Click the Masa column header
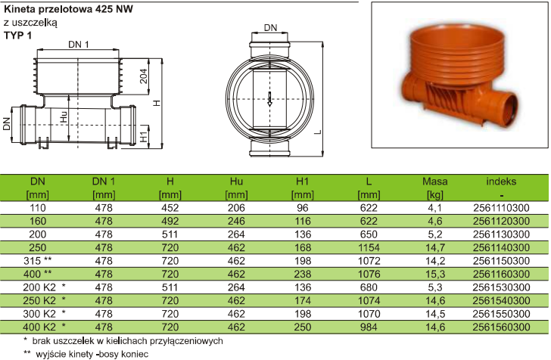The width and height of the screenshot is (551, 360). click(434, 182)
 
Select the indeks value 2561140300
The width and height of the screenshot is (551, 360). click(501, 247)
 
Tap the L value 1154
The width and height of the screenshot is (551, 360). click(369, 247)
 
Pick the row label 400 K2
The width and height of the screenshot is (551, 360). click(39, 327)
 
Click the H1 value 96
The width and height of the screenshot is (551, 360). click(302, 208)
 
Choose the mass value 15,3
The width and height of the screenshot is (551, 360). click(434, 274)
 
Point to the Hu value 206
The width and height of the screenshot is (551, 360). click(236, 208)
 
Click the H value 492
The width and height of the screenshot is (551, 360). click(170, 222)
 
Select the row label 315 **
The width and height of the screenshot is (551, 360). click(38, 261)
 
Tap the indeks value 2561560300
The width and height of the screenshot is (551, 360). click(501, 327)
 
